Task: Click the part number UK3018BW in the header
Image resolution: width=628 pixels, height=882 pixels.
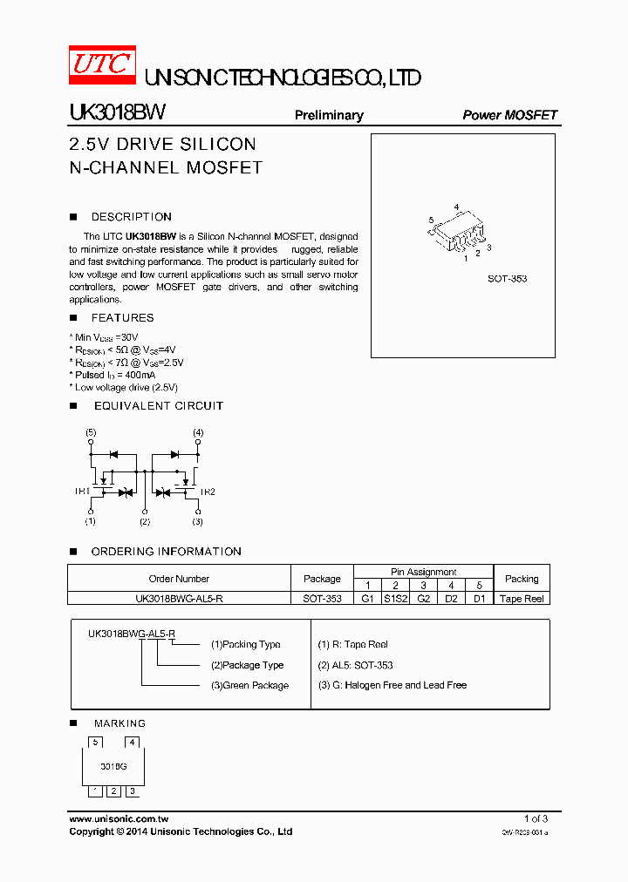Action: pyautogui.click(x=117, y=114)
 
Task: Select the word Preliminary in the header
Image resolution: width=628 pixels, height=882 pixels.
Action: pyautogui.click(x=329, y=115)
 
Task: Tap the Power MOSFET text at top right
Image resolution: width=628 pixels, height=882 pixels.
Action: pyautogui.click(x=509, y=115)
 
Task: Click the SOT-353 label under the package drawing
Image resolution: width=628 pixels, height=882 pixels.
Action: pyautogui.click(x=507, y=279)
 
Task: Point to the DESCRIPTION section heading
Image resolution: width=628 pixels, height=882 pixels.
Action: pyautogui.click(x=132, y=217)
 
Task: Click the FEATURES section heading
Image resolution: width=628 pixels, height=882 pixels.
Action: pyautogui.click(x=122, y=318)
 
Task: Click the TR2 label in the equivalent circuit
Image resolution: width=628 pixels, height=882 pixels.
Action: pyautogui.click(x=208, y=492)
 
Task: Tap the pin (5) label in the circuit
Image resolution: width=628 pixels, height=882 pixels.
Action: pyautogui.click(x=91, y=432)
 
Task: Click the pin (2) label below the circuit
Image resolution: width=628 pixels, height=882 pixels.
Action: pyautogui.click(x=145, y=521)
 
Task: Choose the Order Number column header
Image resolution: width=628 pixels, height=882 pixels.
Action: pyautogui.click(x=179, y=579)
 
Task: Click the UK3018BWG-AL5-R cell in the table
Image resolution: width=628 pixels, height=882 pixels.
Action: pyautogui.click(x=179, y=599)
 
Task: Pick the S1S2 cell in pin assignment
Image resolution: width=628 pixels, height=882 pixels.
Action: pyautogui.click(x=396, y=599)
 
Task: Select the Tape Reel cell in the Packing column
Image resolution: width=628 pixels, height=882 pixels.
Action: pyautogui.click(x=522, y=599)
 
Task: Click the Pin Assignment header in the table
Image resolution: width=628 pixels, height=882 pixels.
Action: pyautogui.click(x=423, y=572)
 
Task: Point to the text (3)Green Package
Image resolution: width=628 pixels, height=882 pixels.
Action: pyautogui.click(x=249, y=686)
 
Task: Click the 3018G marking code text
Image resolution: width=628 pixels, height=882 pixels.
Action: pyautogui.click(x=113, y=766)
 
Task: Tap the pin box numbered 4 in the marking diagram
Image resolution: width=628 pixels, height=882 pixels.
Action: pyautogui.click(x=133, y=743)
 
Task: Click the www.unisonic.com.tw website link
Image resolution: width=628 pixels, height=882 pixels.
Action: pyautogui.click(x=119, y=819)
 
